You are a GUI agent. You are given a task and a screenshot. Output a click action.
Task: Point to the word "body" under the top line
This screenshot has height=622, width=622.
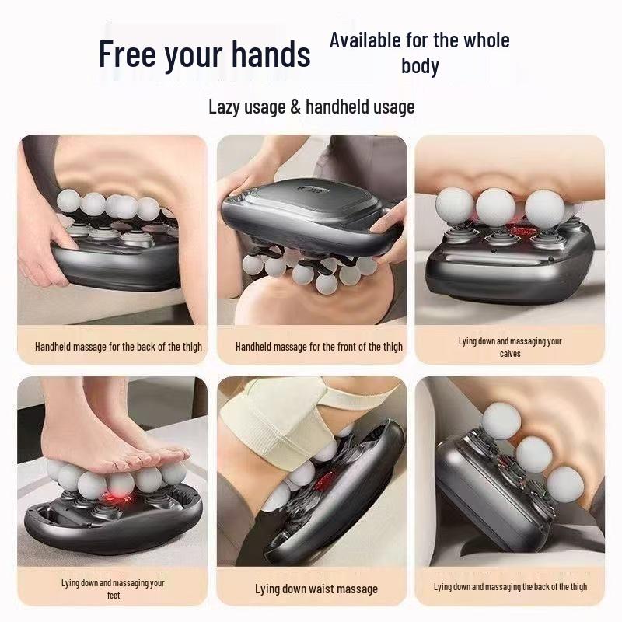[420, 66]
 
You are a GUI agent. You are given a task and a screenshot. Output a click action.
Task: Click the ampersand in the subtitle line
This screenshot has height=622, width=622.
[295, 107]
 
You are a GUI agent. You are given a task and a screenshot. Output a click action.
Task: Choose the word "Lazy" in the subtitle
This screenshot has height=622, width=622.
[227, 107]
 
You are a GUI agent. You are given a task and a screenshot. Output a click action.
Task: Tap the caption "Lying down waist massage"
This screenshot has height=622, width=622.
[316, 589]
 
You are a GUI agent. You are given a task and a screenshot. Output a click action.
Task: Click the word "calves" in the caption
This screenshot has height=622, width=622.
[510, 354]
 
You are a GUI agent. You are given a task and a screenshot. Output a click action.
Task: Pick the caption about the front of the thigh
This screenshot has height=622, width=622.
[319, 347]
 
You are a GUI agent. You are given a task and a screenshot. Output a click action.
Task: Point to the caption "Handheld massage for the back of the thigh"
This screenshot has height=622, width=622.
[118, 347]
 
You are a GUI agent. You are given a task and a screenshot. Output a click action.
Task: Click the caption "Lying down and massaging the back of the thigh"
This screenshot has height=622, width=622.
[510, 587]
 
